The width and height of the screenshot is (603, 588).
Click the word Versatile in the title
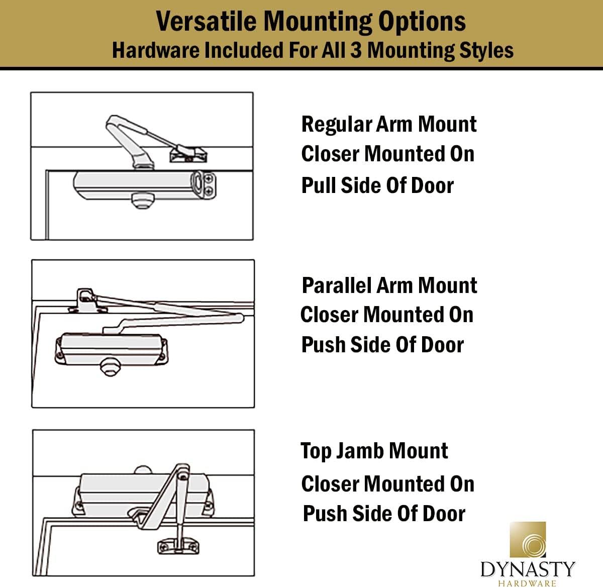207,22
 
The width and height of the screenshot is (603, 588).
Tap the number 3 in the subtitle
356,51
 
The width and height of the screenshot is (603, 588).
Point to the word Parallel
336,285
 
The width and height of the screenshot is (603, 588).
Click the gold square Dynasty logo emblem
528,540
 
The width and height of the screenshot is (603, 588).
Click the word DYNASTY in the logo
528,569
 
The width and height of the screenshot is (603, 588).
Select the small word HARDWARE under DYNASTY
528,583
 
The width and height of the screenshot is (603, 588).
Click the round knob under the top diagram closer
140,200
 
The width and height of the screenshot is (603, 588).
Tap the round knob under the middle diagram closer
110,367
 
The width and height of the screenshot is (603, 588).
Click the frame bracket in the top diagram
188,153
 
